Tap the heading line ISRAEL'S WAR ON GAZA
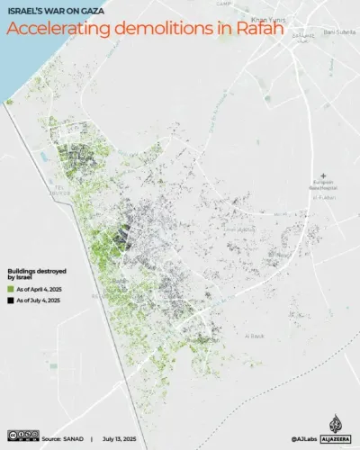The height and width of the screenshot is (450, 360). tap(53, 11)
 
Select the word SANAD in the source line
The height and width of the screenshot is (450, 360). tap(73, 437)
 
